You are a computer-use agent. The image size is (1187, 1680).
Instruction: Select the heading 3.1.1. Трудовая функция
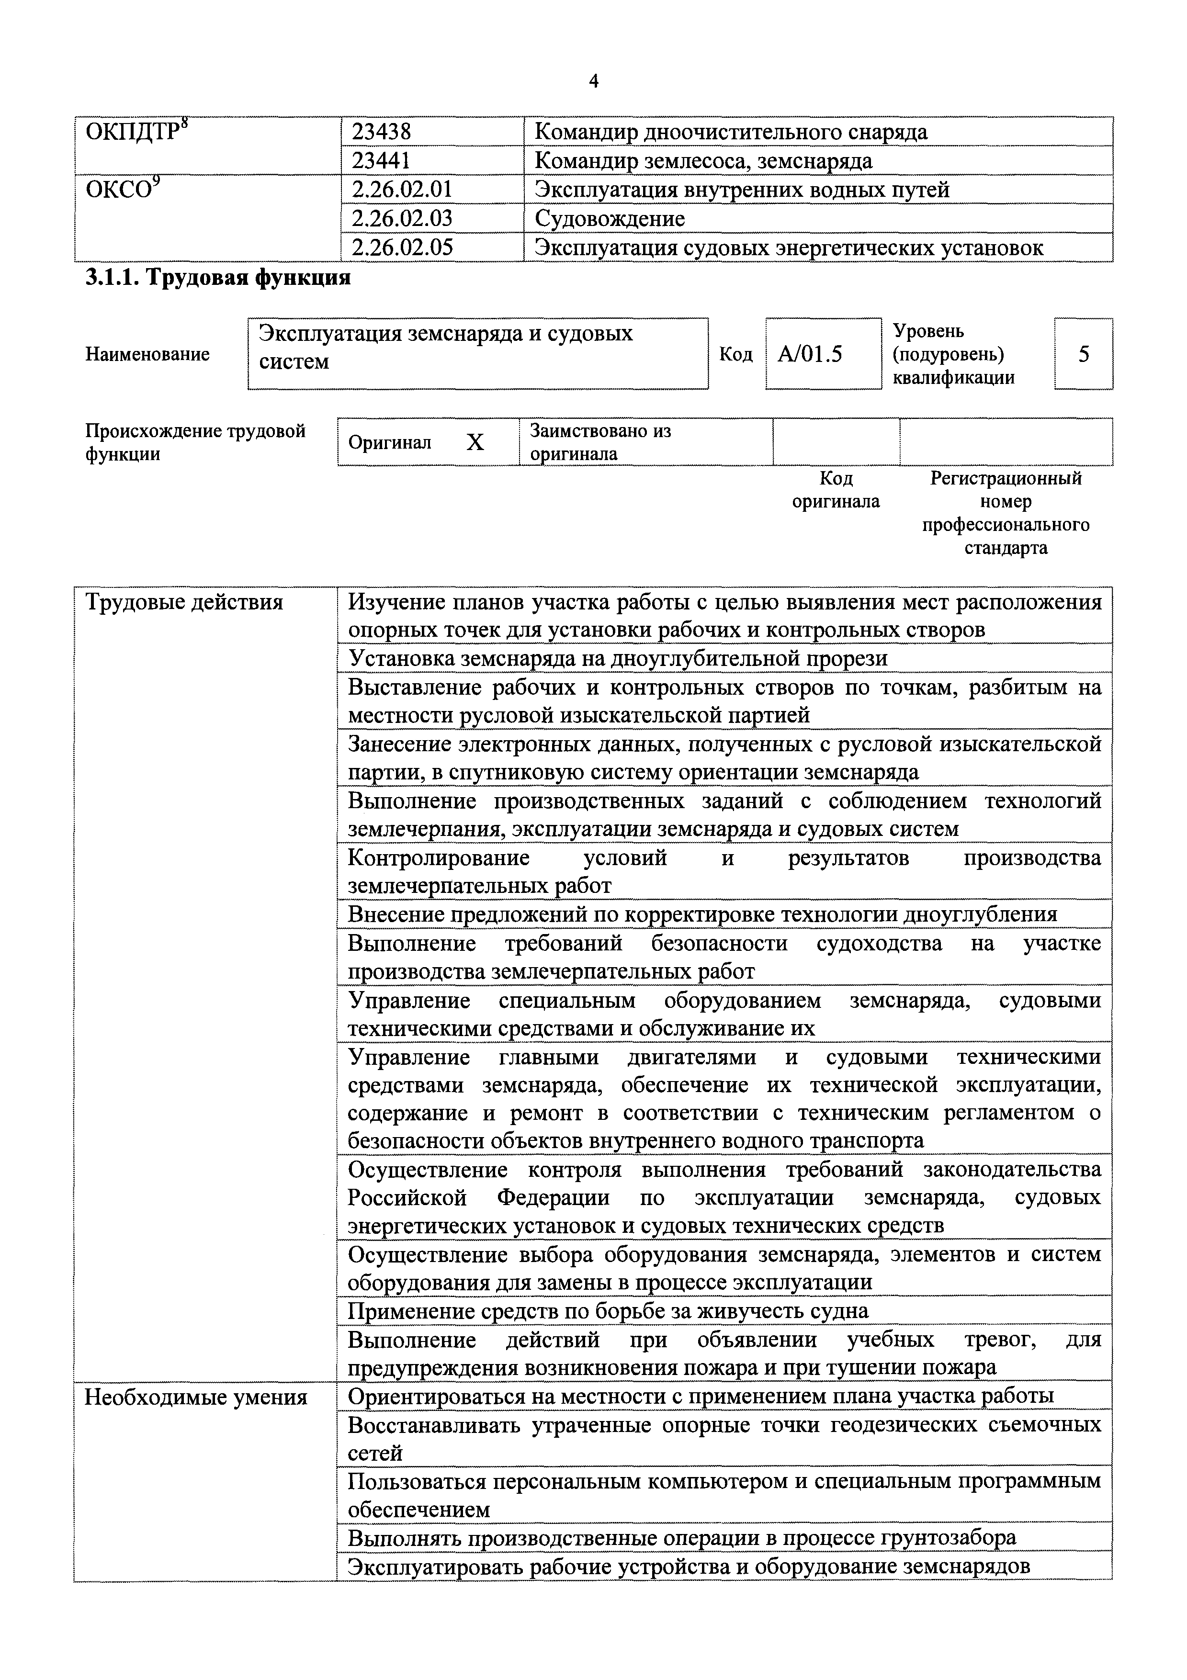coord(218,278)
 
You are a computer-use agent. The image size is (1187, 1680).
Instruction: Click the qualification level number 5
coord(1084,354)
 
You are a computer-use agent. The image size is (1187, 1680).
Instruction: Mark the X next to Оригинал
coord(475,442)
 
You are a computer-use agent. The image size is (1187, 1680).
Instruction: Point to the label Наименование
coord(148,354)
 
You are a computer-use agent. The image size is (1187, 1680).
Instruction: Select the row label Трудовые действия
coord(184,602)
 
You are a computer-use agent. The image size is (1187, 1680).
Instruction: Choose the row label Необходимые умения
coord(196,1398)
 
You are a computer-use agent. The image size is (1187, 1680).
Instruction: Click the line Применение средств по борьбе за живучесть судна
coord(608,1310)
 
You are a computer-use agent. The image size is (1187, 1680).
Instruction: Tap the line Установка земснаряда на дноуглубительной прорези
coord(618,658)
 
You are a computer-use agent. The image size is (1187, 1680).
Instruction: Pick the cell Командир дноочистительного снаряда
coord(731,132)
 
